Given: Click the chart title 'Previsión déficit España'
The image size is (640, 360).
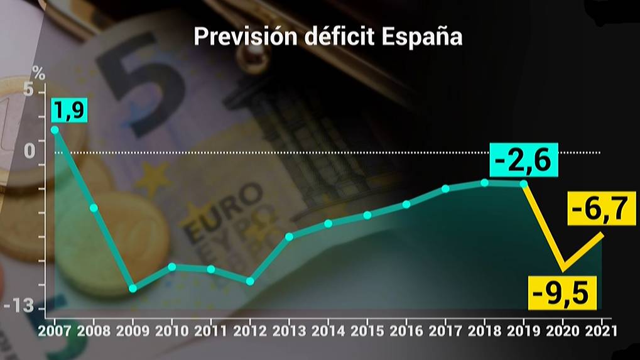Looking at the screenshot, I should pyautogui.click(x=328, y=36).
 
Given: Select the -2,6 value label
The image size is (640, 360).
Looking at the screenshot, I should pyautogui.click(x=523, y=161).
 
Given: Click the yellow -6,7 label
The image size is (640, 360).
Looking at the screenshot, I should pyautogui.click(x=599, y=208).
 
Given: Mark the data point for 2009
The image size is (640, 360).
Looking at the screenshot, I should pyautogui.click(x=133, y=288).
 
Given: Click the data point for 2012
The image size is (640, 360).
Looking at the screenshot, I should pyautogui.click(x=250, y=281).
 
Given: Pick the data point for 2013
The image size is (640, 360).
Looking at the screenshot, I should pyautogui.click(x=289, y=236).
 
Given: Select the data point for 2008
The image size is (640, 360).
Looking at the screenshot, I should pyautogui.click(x=94, y=207).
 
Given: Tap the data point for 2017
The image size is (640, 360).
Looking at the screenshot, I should pyautogui.click(x=445, y=188).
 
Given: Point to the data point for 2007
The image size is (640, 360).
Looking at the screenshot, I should pyautogui.click(x=55, y=129).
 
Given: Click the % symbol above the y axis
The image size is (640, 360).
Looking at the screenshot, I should pyautogui.click(x=39, y=72).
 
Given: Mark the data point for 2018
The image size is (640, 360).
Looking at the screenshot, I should pyautogui.click(x=484, y=182).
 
